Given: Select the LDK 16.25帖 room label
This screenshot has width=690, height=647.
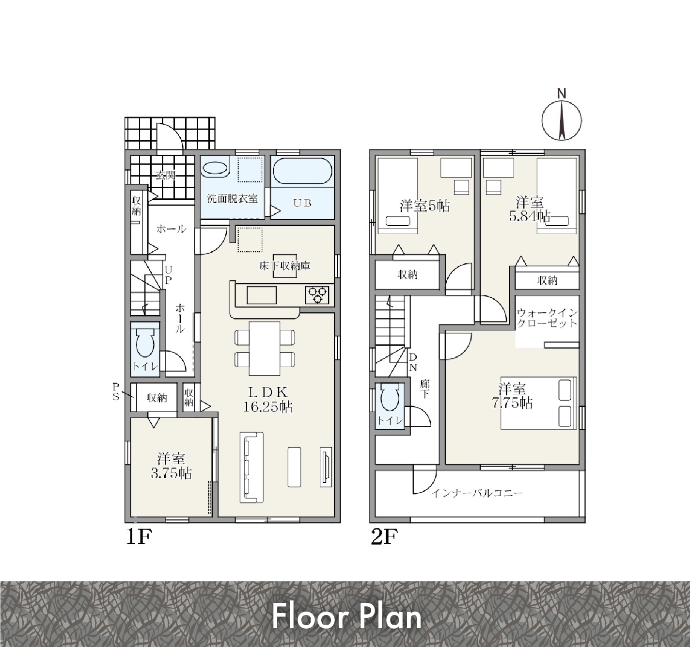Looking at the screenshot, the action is (267, 400).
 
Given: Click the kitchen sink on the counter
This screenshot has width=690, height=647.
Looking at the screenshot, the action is (262, 295).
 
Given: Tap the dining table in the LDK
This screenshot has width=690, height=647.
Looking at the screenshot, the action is (265, 348).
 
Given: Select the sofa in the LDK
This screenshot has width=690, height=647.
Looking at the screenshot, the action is (251, 467).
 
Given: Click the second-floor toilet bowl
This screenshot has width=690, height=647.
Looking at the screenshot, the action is (390, 399).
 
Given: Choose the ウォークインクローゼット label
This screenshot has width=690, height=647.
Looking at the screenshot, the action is (547, 318).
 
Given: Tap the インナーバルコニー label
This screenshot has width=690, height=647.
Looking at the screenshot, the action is (477, 493).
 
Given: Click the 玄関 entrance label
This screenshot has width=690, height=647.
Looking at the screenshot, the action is (165, 175).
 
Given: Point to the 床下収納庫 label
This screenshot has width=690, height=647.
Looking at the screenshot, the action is (284, 266).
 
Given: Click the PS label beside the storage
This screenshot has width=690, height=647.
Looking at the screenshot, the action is (116, 391).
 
